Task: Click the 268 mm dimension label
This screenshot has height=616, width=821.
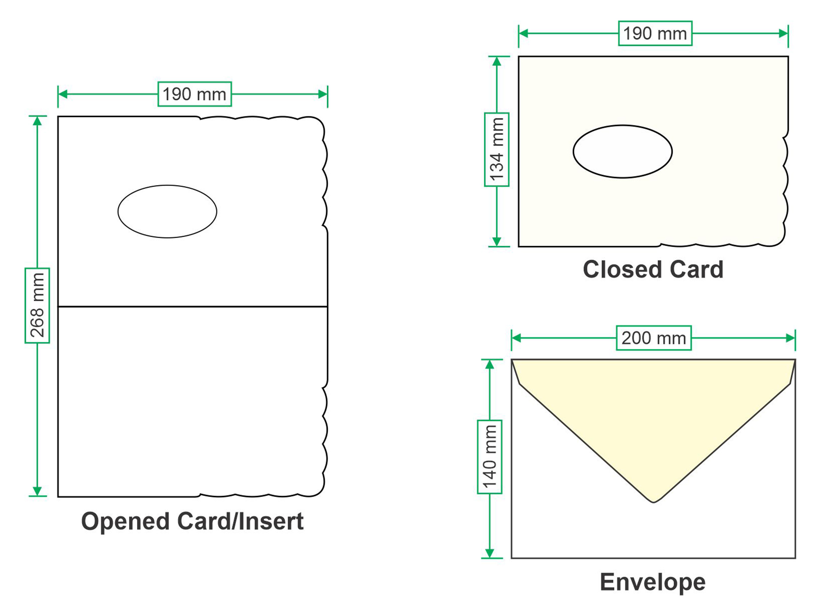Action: click(x=37, y=305)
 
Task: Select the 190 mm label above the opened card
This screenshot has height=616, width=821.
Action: click(x=194, y=94)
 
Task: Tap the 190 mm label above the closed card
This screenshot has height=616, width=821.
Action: click(x=655, y=33)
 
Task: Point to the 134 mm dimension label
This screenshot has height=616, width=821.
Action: click(x=496, y=149)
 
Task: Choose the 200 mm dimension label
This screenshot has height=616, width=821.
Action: click(x=654, y=338)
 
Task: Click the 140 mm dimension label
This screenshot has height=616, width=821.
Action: click(x=490, y=457)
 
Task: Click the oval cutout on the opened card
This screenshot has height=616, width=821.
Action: click(x=167, y=211)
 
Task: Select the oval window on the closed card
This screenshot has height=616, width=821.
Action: click(x=622, y=151)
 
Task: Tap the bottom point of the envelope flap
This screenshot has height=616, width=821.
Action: click(x=654, y=502)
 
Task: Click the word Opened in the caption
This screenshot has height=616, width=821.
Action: click(x=125, y=522)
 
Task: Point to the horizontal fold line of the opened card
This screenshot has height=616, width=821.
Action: click(x=193, y=307)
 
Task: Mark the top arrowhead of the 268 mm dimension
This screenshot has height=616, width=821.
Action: click(x=37, y=121)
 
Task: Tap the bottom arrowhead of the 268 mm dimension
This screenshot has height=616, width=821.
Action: click(x=37, y=491)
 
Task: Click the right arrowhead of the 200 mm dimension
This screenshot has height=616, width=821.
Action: click(x=790, y=338)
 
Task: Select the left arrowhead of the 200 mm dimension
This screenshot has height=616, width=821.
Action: click(x=516, y=338)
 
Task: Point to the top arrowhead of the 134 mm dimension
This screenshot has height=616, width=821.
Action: click(x=496, y=61)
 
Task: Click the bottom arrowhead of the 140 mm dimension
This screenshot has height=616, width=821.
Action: click(x=490, y=553)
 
